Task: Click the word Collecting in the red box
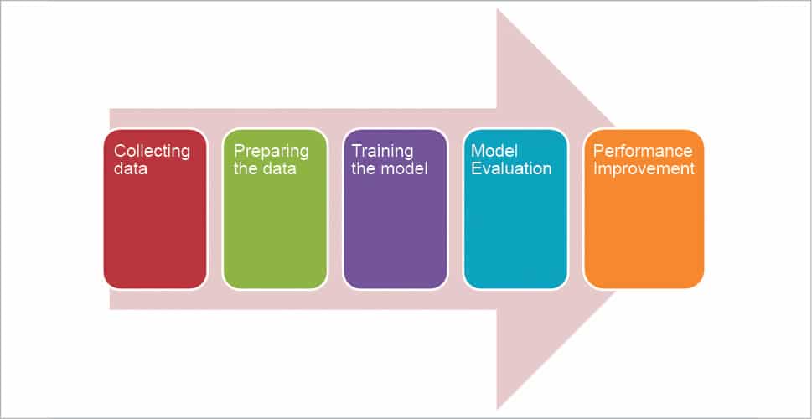[x=152, y=152]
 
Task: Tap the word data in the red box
[x=131, y=168]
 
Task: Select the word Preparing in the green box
[x=271, y=152]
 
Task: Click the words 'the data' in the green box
[x=264, y=168]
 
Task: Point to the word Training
[x=382, y=152]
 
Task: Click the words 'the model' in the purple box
[x=390, y=168]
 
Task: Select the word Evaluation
[x=511, y=168]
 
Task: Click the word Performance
[x=643, y=152]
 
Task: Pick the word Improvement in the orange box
[x=644, y=168]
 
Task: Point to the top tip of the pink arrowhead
[x=499, y=10]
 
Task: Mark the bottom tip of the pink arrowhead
[x=499, y=408]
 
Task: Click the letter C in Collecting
[x=119, y=152]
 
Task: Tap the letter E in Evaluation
[x=476, y=168]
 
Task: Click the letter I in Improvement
[x=595, y=168]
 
